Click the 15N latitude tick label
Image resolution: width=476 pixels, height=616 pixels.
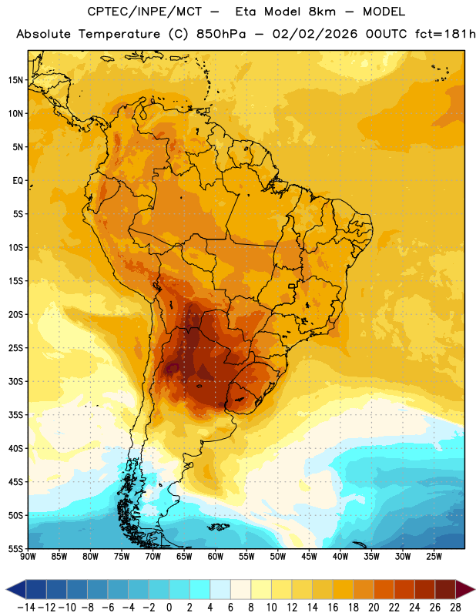[x=15, y=80]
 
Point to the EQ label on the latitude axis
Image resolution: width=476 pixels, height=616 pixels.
[x=18, y=181]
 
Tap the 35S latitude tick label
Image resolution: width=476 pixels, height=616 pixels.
[x=15, y=415]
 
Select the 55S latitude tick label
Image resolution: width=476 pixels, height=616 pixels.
[x=15, y=549]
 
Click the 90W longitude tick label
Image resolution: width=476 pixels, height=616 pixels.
[x=28, y=557]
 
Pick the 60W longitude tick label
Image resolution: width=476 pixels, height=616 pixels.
[x=216, y=557]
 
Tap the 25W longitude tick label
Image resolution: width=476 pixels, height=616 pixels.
[x=434, y=557]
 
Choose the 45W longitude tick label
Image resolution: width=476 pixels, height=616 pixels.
[x=310, y=557]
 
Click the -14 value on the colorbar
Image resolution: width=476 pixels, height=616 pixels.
[x=26, y=608]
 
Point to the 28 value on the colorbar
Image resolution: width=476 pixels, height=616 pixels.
[x=455, y=608]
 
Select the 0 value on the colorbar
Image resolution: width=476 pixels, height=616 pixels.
[x=169, y=608]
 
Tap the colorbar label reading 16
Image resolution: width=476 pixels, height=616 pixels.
[x=333, y=608]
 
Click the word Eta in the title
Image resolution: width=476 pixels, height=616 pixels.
[x=246, y=12]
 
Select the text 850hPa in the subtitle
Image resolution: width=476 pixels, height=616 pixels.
[x=221, y=34]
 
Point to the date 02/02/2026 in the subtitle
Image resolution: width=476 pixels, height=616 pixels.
[x=315, y=34]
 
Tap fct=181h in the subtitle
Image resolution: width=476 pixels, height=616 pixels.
[x=445, y=34]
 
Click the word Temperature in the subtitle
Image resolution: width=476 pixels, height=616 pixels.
[x=119, y=34]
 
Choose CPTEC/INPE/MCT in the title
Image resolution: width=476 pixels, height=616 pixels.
[x=145, y=12]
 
